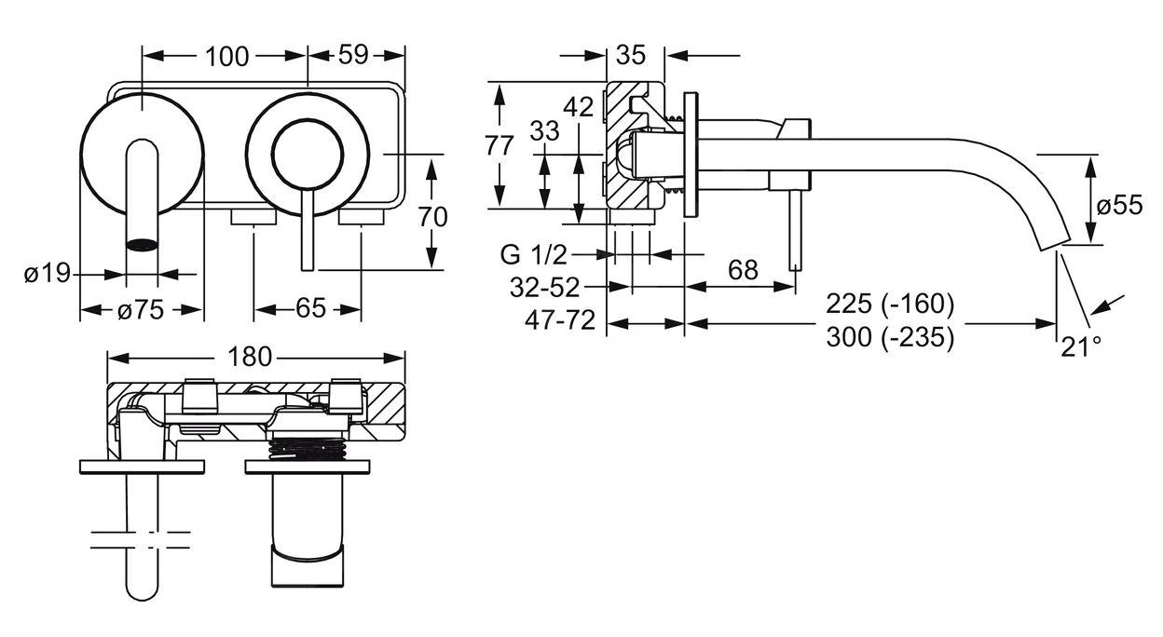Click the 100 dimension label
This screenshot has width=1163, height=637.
click(226, 56)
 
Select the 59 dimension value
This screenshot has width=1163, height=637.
click(352, 56)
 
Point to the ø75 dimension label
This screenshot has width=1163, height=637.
click(141, 310)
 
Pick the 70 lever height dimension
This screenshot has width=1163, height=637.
click(433, 216)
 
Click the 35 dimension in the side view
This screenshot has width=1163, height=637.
click(631, 55)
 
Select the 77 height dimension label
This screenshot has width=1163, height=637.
click(500, 147)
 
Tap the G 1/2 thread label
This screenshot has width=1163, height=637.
click(533, 253)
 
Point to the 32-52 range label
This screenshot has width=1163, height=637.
click(545, 287)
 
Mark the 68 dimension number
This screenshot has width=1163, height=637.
click(742, 271)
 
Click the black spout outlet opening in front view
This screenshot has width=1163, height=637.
click(141, 245)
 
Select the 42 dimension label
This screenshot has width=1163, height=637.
click(579, 107)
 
